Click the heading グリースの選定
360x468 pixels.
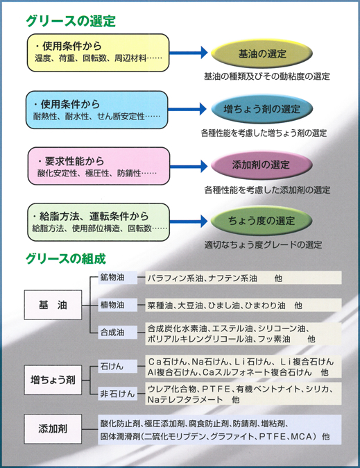pos(71,21)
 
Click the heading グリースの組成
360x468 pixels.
pos(66,258)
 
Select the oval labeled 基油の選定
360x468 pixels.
pos(262,53)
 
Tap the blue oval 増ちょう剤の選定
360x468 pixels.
pos(262,109)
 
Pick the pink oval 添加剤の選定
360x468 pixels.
pos(262,165)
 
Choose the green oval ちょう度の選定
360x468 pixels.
pos(262,221)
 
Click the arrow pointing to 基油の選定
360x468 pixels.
pos(188,53)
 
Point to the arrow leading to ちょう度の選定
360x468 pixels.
pos(189,222)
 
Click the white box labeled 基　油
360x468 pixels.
pos(53,305)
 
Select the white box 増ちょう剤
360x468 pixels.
pos(53,380)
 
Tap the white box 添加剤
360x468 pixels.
pos(53,428)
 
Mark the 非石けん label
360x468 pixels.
pos(117,394)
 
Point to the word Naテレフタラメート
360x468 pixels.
pos(185,399)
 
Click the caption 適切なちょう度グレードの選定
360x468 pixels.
pos(263,245)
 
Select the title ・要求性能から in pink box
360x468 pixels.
pos(71,161)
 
